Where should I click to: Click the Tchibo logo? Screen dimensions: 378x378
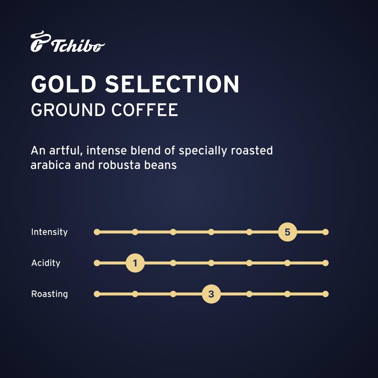(68, 43)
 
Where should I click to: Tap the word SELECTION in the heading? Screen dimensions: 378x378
(172, 84)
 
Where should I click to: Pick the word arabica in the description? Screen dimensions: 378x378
(50, 166)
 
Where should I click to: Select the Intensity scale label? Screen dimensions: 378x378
(49, 232)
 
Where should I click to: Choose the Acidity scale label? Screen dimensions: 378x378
(46, 263)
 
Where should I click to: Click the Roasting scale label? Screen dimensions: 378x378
(50, 294)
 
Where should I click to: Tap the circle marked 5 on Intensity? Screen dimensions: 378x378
(287, 232)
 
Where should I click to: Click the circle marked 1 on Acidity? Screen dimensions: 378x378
(135, 263)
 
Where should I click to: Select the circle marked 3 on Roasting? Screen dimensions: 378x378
(211, 294)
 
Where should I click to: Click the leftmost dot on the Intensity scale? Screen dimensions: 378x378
(97, 232)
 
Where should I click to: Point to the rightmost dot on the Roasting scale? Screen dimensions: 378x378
(325, 294)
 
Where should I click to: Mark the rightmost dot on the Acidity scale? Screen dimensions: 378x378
(325, 263)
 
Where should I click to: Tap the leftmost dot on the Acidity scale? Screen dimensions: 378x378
(97, 263)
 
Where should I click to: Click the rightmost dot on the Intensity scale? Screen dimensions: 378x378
(325, 232)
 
